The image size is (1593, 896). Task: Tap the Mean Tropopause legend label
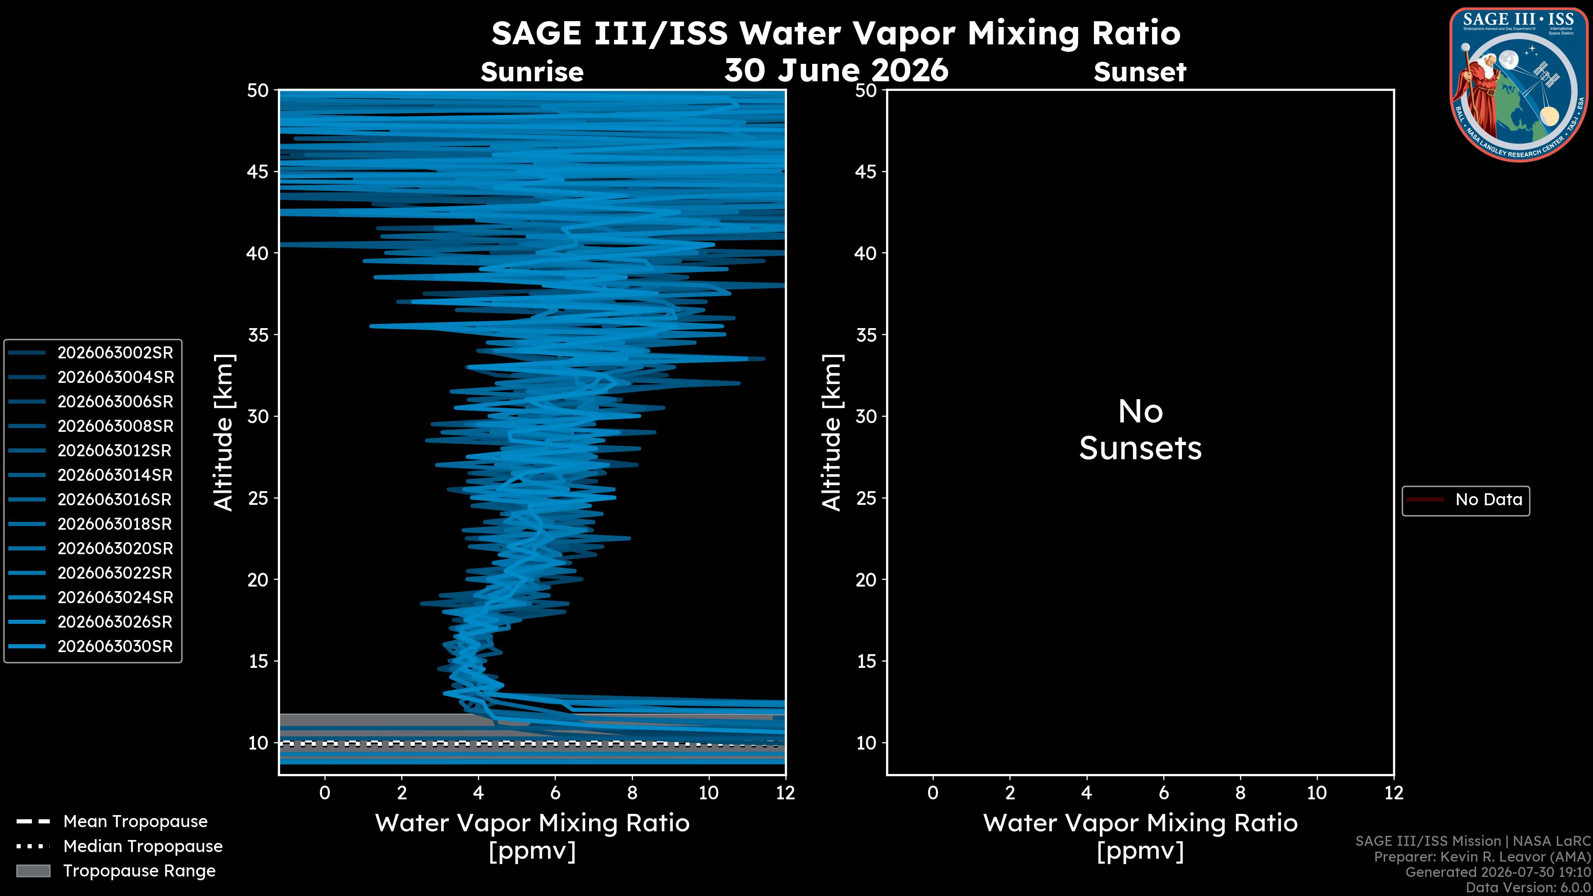[x=135, y=822]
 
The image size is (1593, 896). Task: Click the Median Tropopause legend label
[x=143, y=847]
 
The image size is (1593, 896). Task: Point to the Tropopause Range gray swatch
[x=33, y=871]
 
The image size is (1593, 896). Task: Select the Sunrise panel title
[x=532, y=72]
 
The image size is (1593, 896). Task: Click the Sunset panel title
[x=1140, y=72]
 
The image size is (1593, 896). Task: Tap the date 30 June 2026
[x=836, y=70]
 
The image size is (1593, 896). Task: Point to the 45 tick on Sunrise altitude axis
[x=258, y=171]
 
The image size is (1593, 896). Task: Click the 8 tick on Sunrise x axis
[x=632, y=793]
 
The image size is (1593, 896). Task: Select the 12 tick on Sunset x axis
[x=1393, y=793]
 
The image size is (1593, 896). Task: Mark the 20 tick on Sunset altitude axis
[x=866, y=580]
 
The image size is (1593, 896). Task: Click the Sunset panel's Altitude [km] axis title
[x=832, y=432]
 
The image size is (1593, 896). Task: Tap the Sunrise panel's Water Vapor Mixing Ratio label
[x=532, y=823]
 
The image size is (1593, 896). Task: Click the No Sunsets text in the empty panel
[x=1140, y=430]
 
